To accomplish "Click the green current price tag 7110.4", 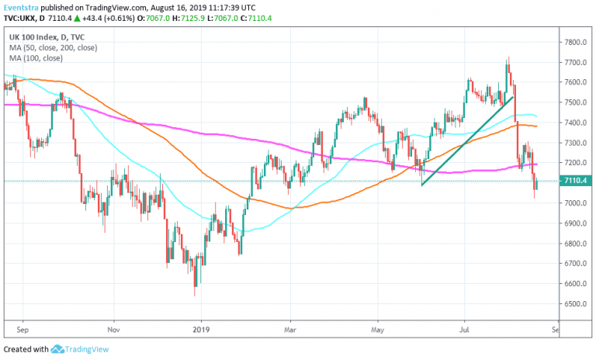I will pos(575,181).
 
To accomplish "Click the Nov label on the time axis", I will pos(113,328).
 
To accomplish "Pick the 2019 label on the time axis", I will pos(201,328).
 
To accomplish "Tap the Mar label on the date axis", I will pos(289,328).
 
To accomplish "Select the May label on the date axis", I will pos(377,328).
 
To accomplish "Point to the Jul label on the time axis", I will pos(465,328).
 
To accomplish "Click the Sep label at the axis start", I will pos(22,328).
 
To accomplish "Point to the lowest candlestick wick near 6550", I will pos(195,294).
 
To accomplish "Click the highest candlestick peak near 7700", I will pos(508,58).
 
